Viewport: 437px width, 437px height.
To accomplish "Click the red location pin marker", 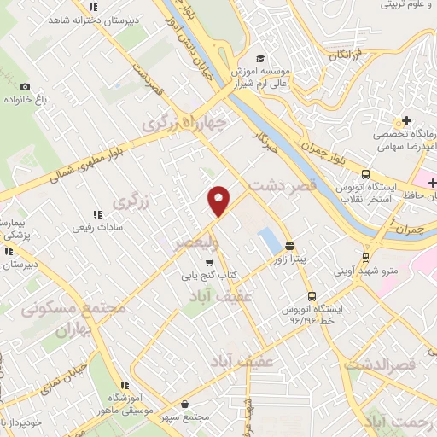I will (219, 200).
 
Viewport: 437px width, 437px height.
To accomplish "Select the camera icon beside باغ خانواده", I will (25, 86).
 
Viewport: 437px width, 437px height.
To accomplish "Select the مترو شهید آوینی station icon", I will (365, 256).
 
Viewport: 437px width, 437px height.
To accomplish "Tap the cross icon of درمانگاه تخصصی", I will (407, 119).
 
